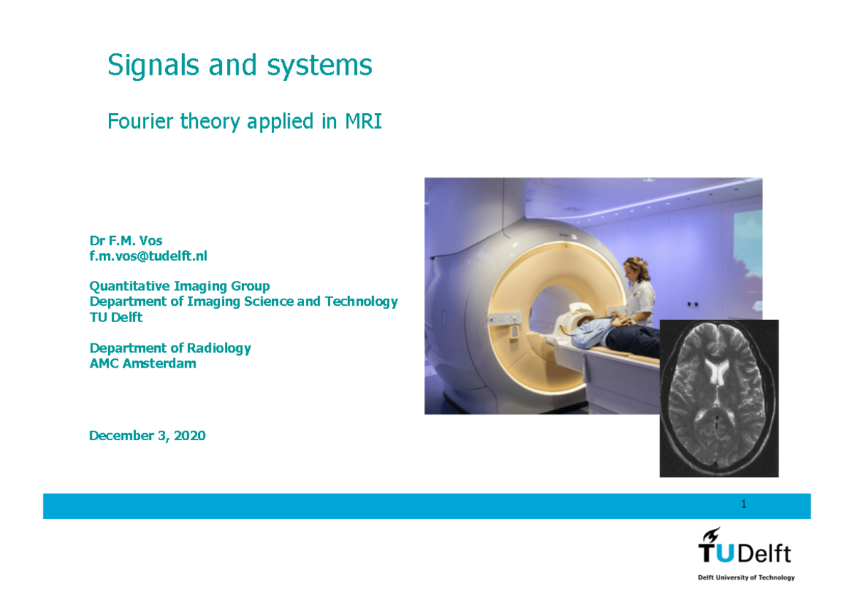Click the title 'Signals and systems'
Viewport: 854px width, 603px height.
(x=240, y=65)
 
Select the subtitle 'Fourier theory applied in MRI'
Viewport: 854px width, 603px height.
(x=244, y=122)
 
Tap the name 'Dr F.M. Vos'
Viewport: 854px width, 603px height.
(x=125, y=240)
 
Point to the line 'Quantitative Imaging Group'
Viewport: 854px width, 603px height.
(x=179, y=286)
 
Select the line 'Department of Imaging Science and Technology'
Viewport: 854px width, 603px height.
(x=243, y=301)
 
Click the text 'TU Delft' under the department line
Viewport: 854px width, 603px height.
(x=115, y=317)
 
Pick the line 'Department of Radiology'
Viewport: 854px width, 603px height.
(x=170, y=348)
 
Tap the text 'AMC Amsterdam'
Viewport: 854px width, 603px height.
(x=142, y=363)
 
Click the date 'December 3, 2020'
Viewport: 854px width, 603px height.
(x=147, y=436)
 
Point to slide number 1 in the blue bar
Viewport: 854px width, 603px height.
(x=744, y=504)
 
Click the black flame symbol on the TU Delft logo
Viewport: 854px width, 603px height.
(x=711, y=535)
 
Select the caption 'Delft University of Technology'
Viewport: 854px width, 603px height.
(x=746, y=577)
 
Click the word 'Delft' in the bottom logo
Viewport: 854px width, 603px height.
(x=765, y=554)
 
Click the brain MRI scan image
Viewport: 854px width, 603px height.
(x=719, y=398)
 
